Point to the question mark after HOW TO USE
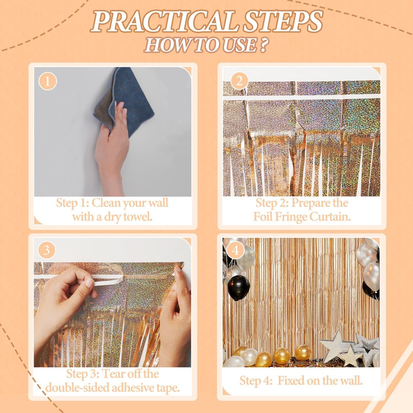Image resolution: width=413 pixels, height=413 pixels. coord(264,45)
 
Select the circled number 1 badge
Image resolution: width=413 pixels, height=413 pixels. coord(47,81)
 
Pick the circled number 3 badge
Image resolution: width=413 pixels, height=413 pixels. coord(47,250)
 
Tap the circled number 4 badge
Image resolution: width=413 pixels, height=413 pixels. coord(235,250)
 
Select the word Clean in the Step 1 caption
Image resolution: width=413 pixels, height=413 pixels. coord(106,203)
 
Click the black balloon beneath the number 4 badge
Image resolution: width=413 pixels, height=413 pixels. coord(239,288)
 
